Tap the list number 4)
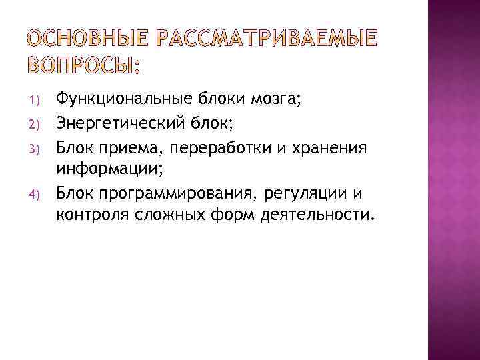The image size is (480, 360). [x=37, y=194]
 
